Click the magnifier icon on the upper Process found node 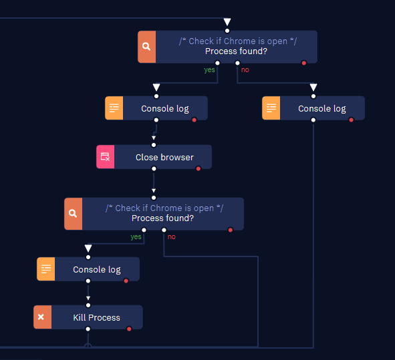[146, 47]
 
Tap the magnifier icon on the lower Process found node [73, 214]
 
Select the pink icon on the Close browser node [106, 156]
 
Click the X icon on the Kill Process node [41, 317]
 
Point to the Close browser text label [164, 157]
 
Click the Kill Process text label [96, 317]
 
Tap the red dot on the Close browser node [199, 169]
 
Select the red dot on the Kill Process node [129, 329]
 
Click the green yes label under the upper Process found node [209, 69]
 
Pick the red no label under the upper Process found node [245, 69]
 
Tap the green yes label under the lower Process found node [136, 236]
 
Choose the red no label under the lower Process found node [172, 236]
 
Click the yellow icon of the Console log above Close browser [114, 108]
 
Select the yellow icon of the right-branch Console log [271, 108]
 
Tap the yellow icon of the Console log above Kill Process [46, 269]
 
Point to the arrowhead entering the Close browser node [154, 138]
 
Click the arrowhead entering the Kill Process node [88, 299]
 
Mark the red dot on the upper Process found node [304, 63]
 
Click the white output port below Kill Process [88, 329]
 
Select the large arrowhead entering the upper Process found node [227, 22]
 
